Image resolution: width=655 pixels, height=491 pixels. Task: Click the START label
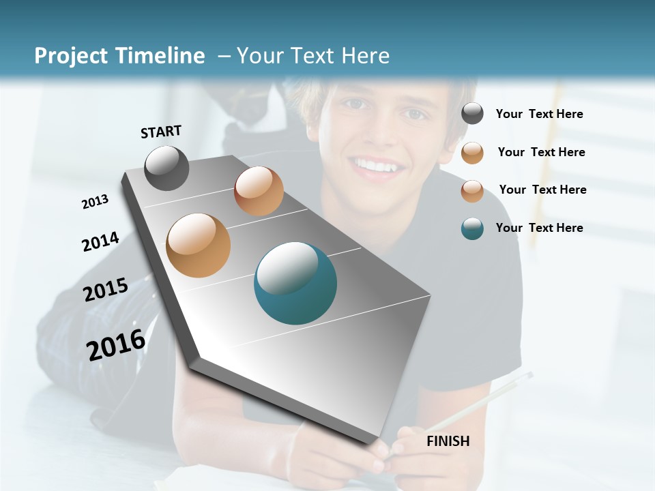click(x=161, y=131)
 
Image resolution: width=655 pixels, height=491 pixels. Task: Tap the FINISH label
click(x=448, y=441)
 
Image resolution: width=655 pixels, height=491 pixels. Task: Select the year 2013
click(x=95, y=202)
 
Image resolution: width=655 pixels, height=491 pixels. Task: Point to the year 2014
click(x=100, y=241)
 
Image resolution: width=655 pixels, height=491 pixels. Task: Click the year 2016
click(x=116, y=345)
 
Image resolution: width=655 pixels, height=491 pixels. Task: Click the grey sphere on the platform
click(x=166, y=168)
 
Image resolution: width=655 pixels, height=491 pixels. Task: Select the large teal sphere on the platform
click(x=295, y=282)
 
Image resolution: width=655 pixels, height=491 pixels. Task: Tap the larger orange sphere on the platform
click(x=198, y=245)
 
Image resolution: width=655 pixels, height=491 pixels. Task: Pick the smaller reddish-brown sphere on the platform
click(x=259, y=191)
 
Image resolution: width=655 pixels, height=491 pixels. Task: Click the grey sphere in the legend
click(x=472, y=114)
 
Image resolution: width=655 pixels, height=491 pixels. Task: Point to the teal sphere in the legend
click(x=472, y=228)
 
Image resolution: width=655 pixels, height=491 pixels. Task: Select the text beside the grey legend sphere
click(x=539, y=114)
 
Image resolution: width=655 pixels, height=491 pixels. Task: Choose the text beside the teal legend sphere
click(x=539, y=228)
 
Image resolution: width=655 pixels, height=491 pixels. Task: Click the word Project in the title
click(x=70, y=56)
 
